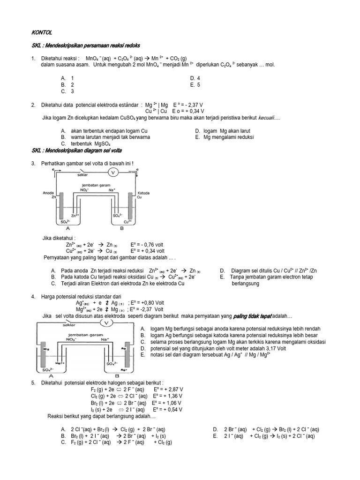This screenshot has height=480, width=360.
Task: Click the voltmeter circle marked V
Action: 112,172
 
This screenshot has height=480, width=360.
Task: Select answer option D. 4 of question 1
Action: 195,78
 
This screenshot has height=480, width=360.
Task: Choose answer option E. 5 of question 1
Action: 195,85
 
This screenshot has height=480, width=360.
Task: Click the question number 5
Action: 33,383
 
